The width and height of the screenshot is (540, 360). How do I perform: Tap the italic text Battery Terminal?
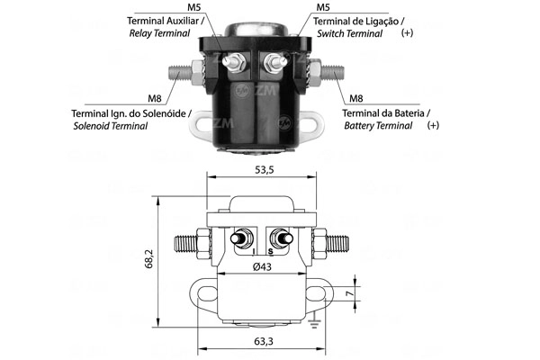(381, 126)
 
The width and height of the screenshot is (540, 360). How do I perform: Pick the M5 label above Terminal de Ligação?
(322, 7)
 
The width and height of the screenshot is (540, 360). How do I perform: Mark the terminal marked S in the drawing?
(283, 241)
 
